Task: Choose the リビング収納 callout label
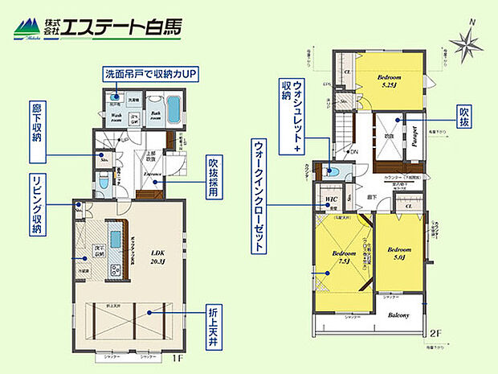pos(36,205)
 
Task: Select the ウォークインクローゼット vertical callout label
pos(258,194)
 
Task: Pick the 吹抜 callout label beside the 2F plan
pos(463,117)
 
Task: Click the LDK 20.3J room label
pos(157,257)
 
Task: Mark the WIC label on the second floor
pos(331,199)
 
